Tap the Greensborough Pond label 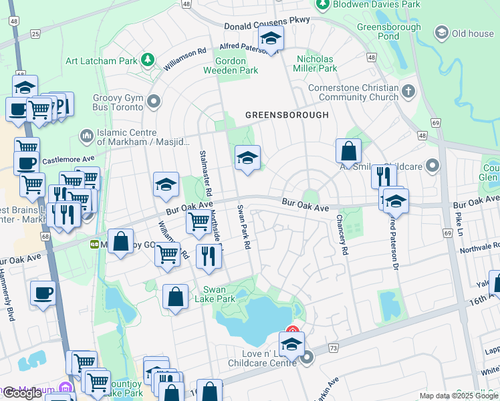pos(398,32)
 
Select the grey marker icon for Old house pos(441,33)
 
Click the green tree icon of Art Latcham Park pos(148,61)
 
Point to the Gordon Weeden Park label pos(239,65)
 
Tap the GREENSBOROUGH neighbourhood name pos(287,115)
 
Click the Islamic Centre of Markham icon pos(86,136)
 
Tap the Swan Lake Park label pos(219,294)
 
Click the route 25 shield pos(35,33)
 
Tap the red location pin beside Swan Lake pos(292,330)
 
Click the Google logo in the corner pos(22,393)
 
